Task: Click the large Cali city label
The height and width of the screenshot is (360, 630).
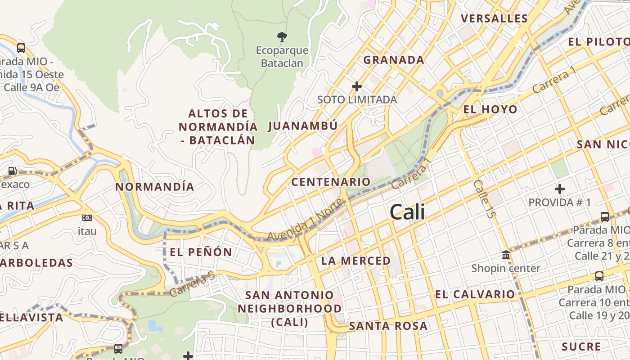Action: pos(407,212)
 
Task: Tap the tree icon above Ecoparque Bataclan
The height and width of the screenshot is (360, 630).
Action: pos(282,36)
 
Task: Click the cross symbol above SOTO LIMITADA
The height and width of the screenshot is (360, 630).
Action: pos(357,86)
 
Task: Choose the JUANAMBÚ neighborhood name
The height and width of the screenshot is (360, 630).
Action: pos(303,126)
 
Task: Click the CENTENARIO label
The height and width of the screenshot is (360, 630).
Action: pos(331,182)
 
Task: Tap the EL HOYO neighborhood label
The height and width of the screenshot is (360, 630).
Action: pos(490,109)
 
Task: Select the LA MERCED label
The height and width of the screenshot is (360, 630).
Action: pos(356,261)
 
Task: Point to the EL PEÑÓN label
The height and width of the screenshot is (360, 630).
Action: pos(201,252)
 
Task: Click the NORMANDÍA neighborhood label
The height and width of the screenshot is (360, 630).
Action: pos(155,187)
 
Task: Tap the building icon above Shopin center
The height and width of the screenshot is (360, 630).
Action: pos(506,255)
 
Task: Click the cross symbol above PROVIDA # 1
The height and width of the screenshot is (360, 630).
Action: pos(560,189)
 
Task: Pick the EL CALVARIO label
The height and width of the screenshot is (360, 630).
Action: pos(475,295)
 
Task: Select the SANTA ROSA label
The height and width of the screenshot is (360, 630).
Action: pos(388,326)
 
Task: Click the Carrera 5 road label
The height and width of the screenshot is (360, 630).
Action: pos(193,284)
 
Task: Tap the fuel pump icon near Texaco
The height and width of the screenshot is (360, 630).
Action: pos(13,171)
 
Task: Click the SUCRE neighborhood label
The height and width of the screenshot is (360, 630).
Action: pos(581,346)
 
